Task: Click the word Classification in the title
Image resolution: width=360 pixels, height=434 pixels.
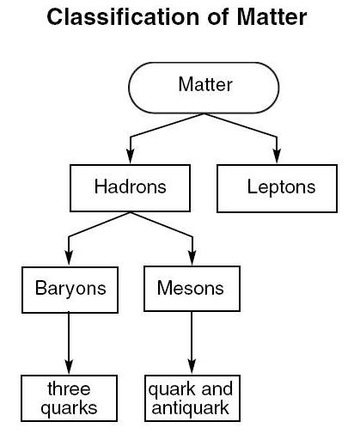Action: click(123, 17)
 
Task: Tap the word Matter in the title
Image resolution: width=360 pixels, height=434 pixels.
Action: click(272, 17)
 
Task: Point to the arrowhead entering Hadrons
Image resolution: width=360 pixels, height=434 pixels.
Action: click(131, 156)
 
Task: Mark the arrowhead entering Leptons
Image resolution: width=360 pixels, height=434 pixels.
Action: click(277, 156)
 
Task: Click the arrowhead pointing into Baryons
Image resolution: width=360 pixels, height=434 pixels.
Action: click(69, 258)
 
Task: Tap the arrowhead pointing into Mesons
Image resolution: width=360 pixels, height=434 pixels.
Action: click(192, 258)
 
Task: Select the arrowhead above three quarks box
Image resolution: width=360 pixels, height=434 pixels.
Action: click(69, 367)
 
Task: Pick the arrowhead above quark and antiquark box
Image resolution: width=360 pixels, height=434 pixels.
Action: click(192, 367)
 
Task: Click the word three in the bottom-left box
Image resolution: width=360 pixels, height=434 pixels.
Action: click(69, 388)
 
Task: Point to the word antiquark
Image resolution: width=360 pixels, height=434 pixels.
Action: click(190, 408)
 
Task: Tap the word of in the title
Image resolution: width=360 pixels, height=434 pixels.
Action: click(218, 17)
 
